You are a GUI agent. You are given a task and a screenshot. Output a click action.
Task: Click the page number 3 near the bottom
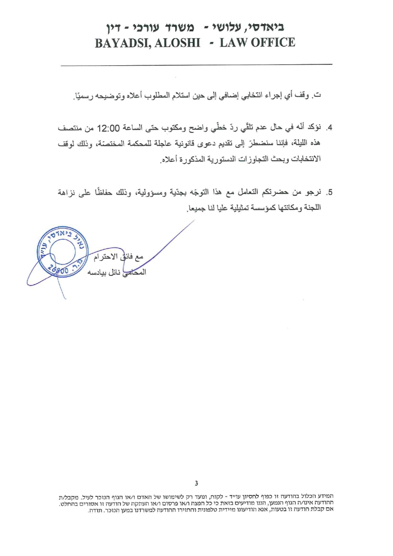[x=196, y=483]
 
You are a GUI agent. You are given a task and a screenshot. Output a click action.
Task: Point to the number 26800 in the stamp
[x=59, y=269]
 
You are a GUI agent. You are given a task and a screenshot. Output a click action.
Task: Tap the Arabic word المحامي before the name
[x=134, y=272]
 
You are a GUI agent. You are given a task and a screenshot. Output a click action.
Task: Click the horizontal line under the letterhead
[x=196, y=63]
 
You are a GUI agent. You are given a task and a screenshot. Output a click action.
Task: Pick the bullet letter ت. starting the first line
[x=318, y=96]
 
